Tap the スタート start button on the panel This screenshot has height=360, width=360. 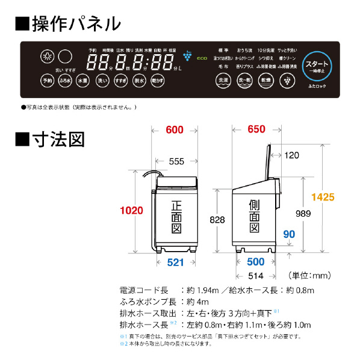click(x=317, y=65)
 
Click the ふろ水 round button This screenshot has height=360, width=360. click(x=65, y=81)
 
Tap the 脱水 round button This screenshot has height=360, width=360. click(x=139, y=81)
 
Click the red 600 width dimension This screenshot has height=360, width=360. click(x=176, y=129)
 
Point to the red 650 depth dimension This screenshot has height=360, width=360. click(x=255, y=129)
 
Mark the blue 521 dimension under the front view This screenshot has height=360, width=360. click(x=176, y=261)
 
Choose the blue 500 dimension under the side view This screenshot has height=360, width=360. click(x=255, y=261)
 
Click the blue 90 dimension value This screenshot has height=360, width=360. click(x=289, y=234)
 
